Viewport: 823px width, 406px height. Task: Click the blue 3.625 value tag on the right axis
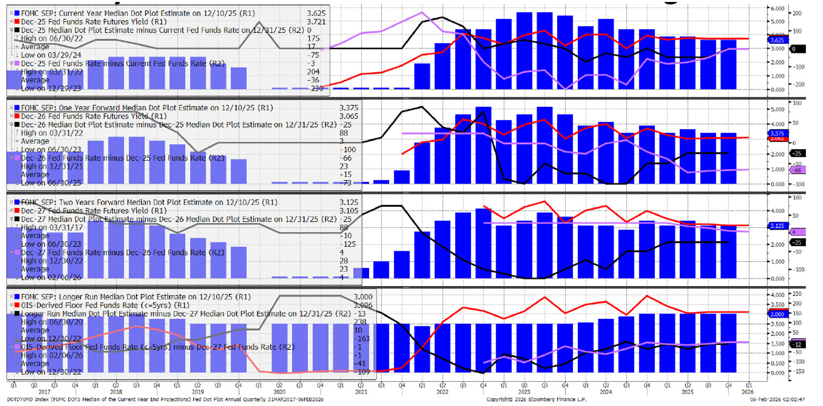777,40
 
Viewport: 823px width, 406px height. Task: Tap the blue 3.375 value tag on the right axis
777,133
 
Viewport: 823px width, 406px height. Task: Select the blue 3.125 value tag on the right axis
777,226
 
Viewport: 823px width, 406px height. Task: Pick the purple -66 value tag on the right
797,170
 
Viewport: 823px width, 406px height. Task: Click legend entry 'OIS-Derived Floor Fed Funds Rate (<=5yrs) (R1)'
105,305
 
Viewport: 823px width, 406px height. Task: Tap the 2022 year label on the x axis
442,392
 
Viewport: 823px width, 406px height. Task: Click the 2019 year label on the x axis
197,392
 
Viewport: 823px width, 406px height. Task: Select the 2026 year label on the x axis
747,392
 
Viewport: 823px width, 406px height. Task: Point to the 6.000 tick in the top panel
777,9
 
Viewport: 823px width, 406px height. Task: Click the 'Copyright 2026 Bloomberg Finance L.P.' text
536,400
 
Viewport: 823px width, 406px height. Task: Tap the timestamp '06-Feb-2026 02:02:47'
777,400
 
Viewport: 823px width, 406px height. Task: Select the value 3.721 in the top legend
316,22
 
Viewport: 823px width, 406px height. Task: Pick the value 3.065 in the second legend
348,116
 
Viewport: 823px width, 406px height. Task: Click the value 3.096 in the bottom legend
363,305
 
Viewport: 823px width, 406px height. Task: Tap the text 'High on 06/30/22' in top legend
52,38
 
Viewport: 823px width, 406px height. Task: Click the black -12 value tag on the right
797,344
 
